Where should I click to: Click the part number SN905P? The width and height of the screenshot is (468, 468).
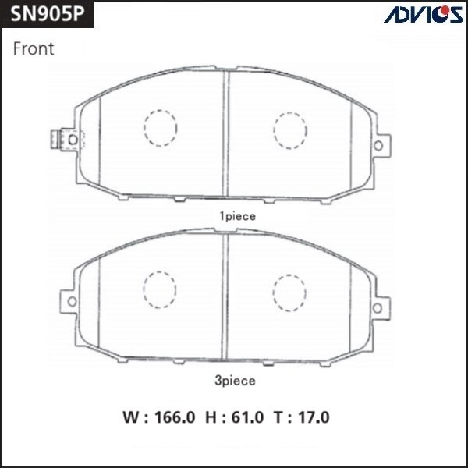[x=45, y=16]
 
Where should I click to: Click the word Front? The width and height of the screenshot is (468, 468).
[x=34, y=49]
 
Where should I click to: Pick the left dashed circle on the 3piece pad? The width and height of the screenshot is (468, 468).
[x=161, y=288]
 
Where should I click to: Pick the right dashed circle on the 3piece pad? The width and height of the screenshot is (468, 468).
[x=290, y=292]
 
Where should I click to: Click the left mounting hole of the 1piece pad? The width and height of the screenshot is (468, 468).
[x=71, y=139]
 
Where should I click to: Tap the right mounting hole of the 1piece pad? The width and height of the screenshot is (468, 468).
[x=380, y=146]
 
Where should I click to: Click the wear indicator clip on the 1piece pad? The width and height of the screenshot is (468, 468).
[x=56, y=138]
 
